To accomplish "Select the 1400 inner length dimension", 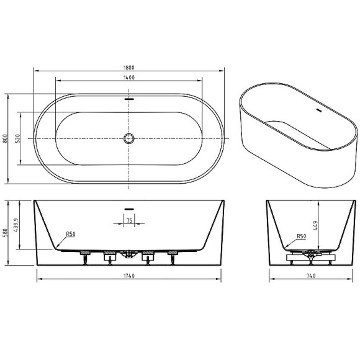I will pyautogui.click(x=129, y=78).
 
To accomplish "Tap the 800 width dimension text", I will pyautogui.click(x=6, y=139).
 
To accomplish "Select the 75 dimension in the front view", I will pyautogui.click(x=129, y=220).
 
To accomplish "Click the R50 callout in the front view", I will pyautogui.click(x=71, y=234).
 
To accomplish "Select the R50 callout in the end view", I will pyautogui.click(x=301, y=236).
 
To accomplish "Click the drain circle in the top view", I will pyautogui.click(x=129, y=138).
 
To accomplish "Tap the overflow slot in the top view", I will pyautogui.click(x=129, y=98).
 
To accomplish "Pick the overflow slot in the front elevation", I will pyautogui.click(x=129, y=208).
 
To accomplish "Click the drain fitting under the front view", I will pyautogui.click(x=129, y=253).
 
